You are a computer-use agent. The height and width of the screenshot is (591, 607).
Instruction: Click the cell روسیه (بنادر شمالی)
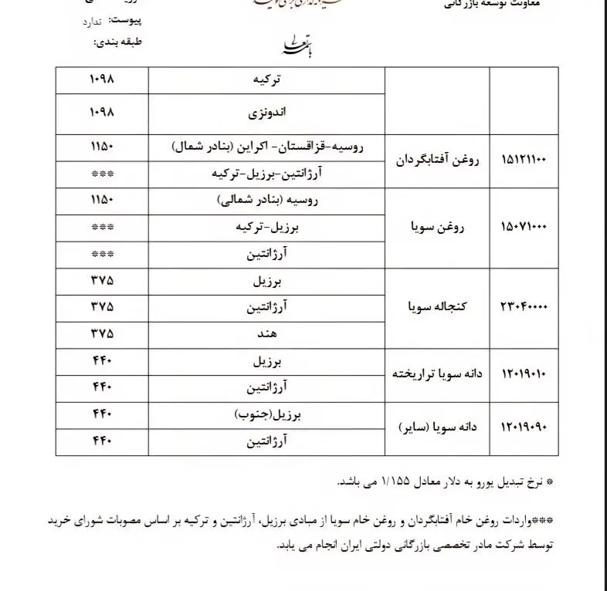(x=266, y=201)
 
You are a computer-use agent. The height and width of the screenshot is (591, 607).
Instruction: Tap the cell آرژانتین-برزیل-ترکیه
(x=266, y=174)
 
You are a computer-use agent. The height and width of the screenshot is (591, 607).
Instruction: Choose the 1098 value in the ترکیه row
(x=101, y=79)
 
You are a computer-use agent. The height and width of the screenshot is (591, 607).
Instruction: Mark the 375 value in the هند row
(x=101, y=335)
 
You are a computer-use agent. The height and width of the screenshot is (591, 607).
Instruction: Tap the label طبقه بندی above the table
(x=118, y=42)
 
